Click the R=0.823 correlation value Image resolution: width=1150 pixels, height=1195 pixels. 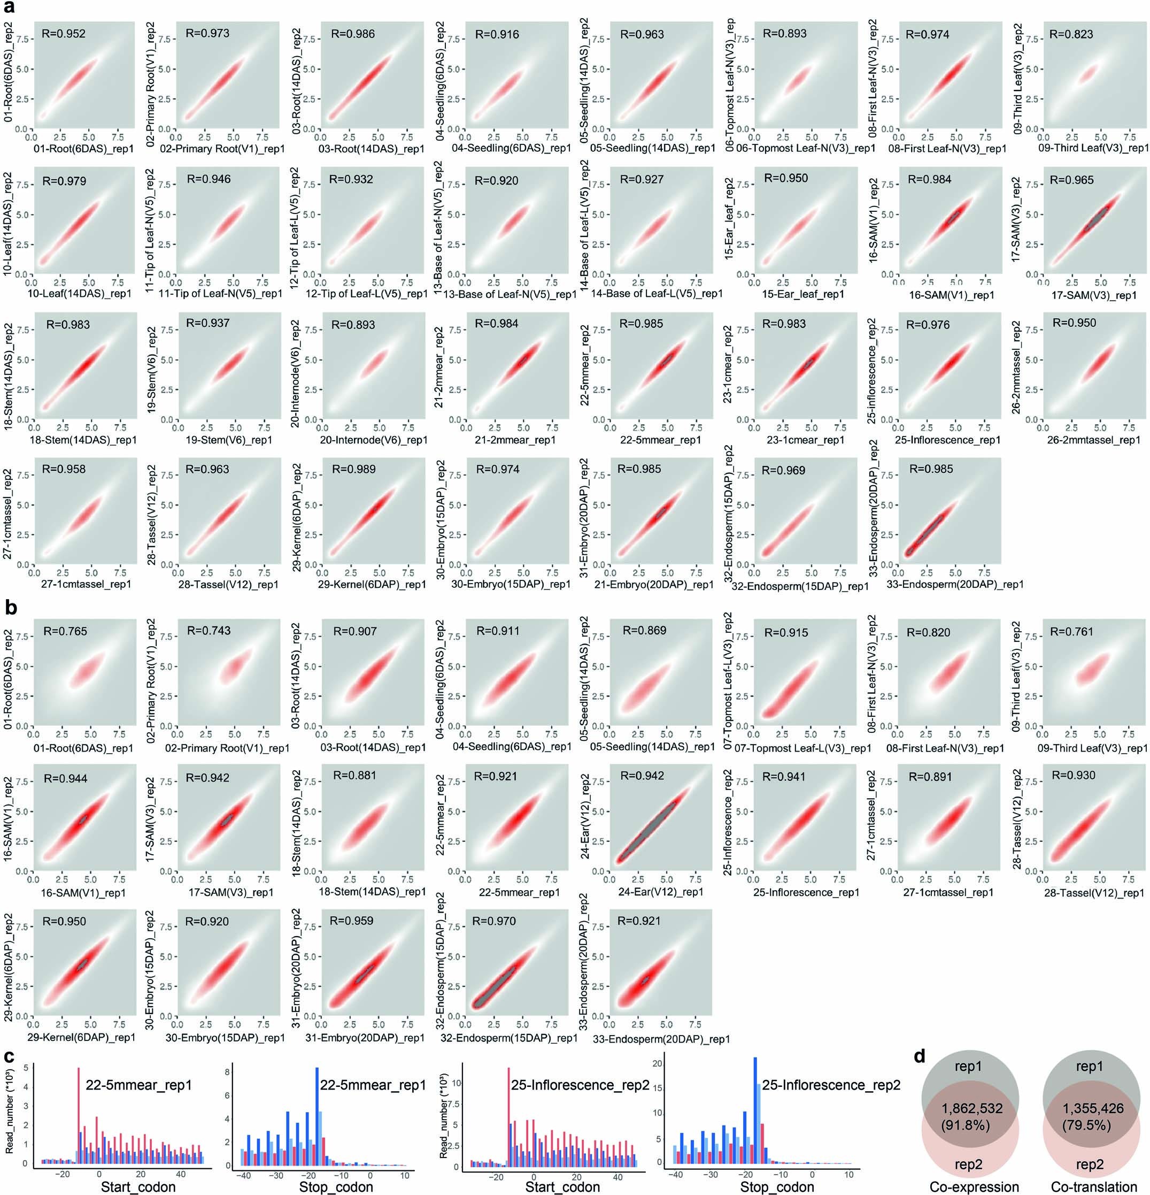[1071, 34]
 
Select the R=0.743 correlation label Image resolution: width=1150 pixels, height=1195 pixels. [209, 631]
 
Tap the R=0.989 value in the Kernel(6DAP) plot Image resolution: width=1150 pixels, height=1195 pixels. [353, 469]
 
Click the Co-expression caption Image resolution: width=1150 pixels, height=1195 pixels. [974, 1186]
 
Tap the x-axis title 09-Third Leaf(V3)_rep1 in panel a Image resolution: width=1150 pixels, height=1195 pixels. [1092, 148]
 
